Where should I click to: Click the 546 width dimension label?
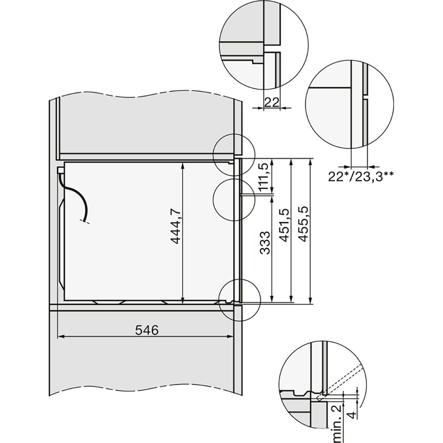[x=147, y=330]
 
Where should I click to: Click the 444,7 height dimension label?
[x=176, y=226]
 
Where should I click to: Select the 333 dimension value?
[x=265, y=243]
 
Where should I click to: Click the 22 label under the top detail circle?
[x=271, y=103]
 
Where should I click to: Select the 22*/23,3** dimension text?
[x=360, y=177]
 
